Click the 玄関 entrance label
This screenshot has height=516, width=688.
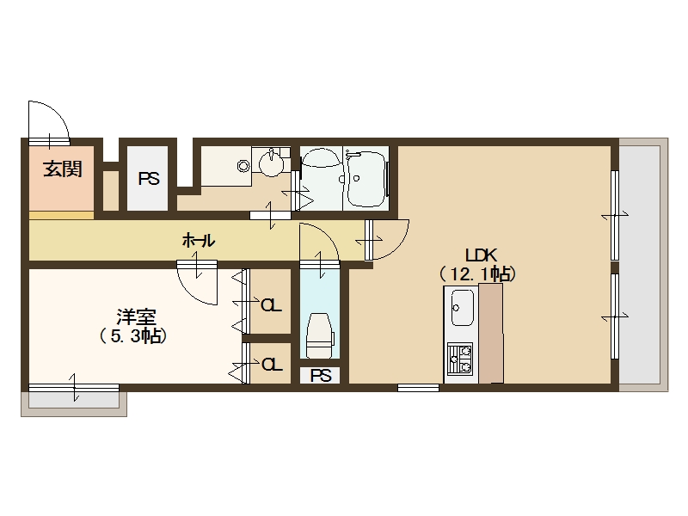pyautogui.click(x=63, y=169)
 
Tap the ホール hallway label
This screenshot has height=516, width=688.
pyautogui.click(x=199, y=241)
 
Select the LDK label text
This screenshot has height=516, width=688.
pyautogui.click(x=481, y=255)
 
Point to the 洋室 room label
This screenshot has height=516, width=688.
pyautogui.click(x=137, y=316)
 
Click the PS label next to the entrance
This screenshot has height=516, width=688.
pyautogui.click(x=149, y=179)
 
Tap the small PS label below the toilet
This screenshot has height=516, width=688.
pyautogui.click(x=321, y=376)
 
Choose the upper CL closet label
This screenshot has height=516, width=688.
pyautogui.click(x=271, y=305)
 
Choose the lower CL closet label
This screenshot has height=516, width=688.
pyautogui.click(x=272, y=364)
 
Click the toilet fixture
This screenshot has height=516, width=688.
pyautogui.click(x=320, y=335)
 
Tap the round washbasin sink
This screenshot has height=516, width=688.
pyautogui.click(x=271, y=163)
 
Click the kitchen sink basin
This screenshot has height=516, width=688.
pyautogui.click(x=463, y=308)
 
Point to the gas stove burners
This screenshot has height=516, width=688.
pyautogui.click(x=460, y=359)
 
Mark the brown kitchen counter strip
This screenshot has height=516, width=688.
pyautogui.click(x=491, y=334)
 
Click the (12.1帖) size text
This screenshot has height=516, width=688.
pyautogui.click(x=477, y=274)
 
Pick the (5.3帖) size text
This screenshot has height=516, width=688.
pyautogui.click(x=133, y=336)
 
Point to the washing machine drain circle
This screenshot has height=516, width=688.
pyautogui.click(x=243, y=166)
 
